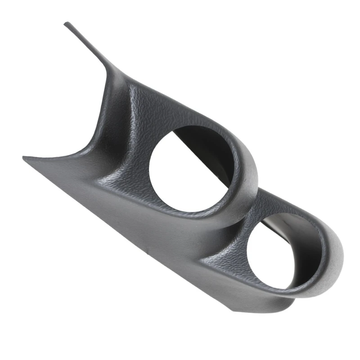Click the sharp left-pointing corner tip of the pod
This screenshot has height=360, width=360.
[x=24, y=157]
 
